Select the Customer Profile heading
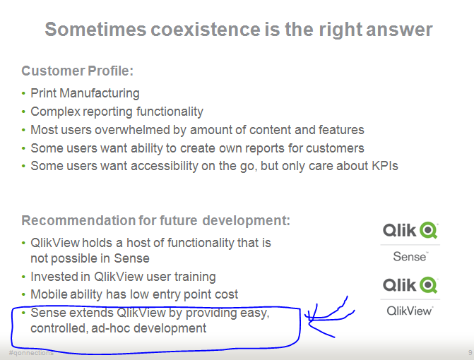[x=78, y=71]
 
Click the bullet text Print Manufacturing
[x=85, y=93]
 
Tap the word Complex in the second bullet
[x=53, y=112]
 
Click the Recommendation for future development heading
[x=155, y=220]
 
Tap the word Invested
[x=54, y=277]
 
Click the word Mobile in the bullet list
[x=49, y=294]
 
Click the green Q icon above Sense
[x=428, y=230]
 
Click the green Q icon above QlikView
[x=428, y=284]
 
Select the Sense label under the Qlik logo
[x=410, y=257]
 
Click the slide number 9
[x=470, y=352]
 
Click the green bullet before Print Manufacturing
[x=23, y=93]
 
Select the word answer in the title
[x=396, y=30]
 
